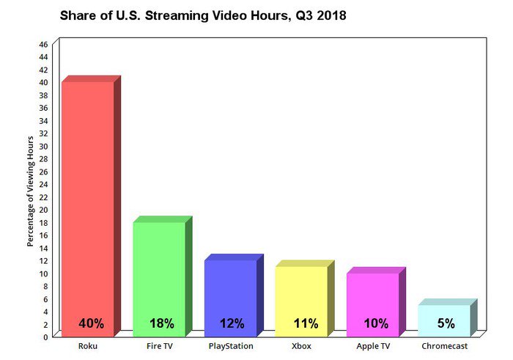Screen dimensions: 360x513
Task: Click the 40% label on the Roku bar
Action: [92, 323]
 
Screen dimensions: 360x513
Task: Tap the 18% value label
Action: [161, 323]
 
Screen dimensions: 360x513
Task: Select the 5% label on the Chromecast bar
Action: [446, 323]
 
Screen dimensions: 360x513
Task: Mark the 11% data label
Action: [305, 323]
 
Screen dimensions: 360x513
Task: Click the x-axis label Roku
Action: [87, 345]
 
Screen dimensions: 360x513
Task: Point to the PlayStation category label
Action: [230, 345]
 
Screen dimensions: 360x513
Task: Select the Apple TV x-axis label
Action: [372, 345]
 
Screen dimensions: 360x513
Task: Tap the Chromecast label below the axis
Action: [444, 345]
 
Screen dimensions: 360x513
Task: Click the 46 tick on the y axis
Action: [43, 45]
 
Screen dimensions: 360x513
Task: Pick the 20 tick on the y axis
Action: [43, 210]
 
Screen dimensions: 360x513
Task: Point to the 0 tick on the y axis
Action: [45, 337]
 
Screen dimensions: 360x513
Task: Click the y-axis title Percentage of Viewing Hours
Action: [30, 191]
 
